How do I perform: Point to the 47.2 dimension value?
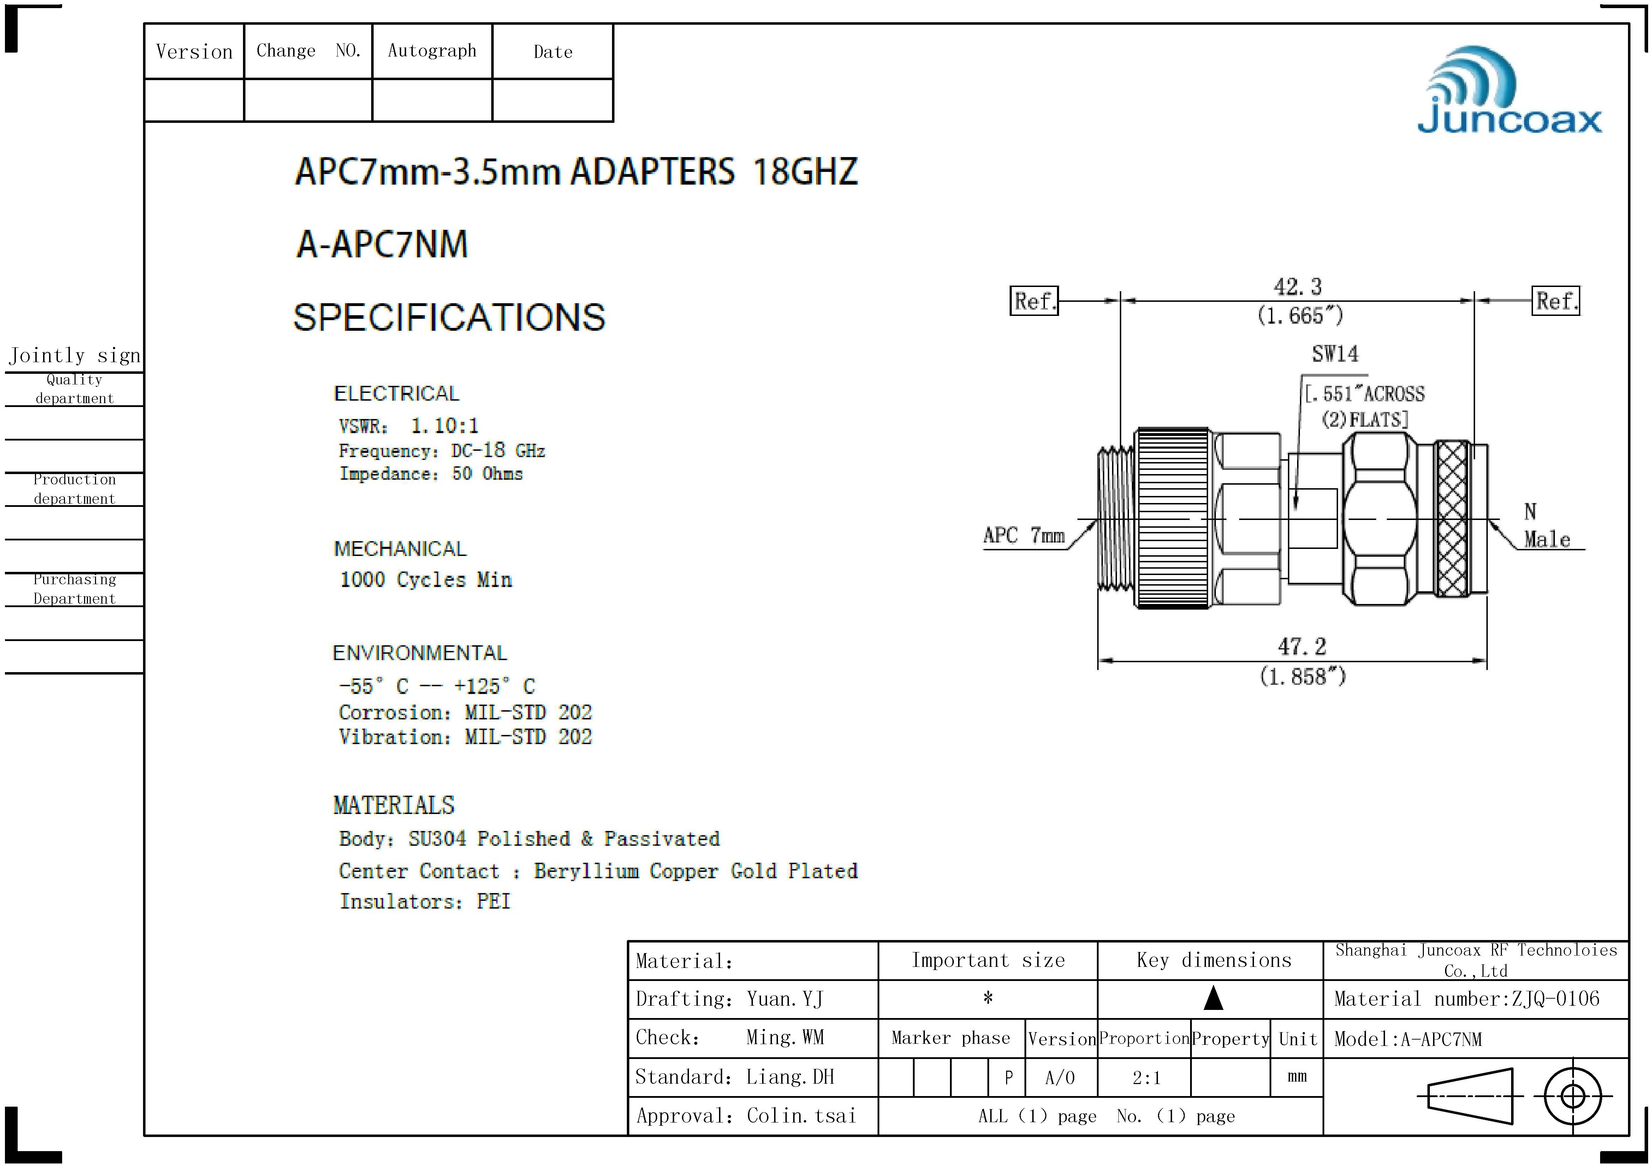1302,646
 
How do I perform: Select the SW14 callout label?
1335,354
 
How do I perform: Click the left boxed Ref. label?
1034,301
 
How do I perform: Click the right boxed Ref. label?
1556,301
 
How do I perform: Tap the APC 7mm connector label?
1023,535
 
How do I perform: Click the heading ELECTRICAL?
397,393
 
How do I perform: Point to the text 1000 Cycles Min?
425,580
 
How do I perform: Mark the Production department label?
74,489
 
